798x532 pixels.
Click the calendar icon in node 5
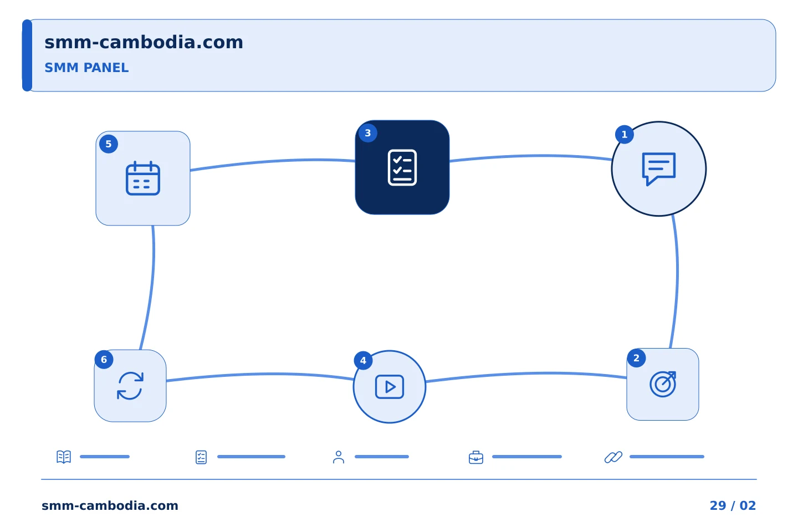pos(143,178)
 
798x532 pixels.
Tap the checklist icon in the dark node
pos(402,167)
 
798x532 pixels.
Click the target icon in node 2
pos(663,384)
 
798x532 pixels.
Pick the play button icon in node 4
pos(390,387)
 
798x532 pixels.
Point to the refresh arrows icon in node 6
pos(130,386)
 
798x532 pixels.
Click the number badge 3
pos(368,133)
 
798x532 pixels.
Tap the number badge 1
pos(625,134)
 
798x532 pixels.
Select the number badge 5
pos(109,144)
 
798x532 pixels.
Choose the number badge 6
pos(104,360)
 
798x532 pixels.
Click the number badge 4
pos(363,361)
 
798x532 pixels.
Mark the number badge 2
pos(636,358)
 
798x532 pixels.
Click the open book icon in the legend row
pos(64,457)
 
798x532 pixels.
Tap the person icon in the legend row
pos(339,457)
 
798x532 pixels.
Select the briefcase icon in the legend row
pos(476,457)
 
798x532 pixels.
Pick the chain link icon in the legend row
pos(613,457)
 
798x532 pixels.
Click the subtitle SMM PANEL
pos(86,68)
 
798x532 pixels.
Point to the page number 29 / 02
pos(733,505)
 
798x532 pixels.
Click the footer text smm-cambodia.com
pos(110,505)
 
